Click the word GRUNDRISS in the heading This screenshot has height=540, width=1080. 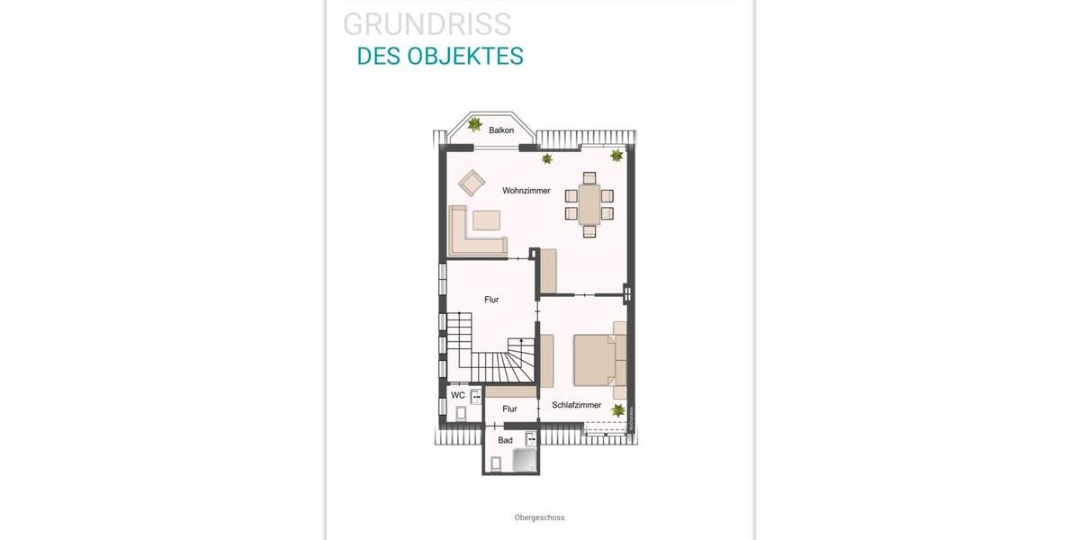pyautogui.click(x=427, y=24)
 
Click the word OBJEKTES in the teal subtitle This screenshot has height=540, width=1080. pyautogui.click(x=465, y=56)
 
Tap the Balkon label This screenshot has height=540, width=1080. pyautogui.click(x=501, y=130)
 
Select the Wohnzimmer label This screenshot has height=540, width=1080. pyautogui.click(x=526, y=191)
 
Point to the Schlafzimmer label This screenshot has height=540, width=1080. pyautogui.click(x=576, y=405)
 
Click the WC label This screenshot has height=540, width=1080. pyautogui.click(x=458, y=395)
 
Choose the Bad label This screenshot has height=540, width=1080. pyautogui.click(x=506, y=440)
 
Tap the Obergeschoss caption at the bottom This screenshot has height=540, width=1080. pyautogui.click(x=539, y=517)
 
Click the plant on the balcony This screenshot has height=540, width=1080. pyautogui.click(x=474, y=124)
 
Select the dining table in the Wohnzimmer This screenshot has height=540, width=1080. pyautogui.click(x=589, y=204)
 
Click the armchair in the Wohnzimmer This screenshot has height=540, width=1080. pyautogui.click(x=472, y=183)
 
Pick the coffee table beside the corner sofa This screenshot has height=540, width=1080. pyautogui.click(x=486, y=220)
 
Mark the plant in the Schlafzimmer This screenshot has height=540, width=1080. pyautogui.click(x=618, y=410)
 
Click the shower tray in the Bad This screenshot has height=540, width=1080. pyautogui.click(x=524, y=461)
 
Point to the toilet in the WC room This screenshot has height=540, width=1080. pyautogui.click(x=461, y=413)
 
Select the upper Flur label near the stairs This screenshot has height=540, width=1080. pyautogui.click(x=491, y=300)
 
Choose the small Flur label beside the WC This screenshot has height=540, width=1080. pyautogui.click(x=509, y=409)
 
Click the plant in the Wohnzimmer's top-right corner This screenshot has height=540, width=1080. pyautogui.click(x=616, y=156)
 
